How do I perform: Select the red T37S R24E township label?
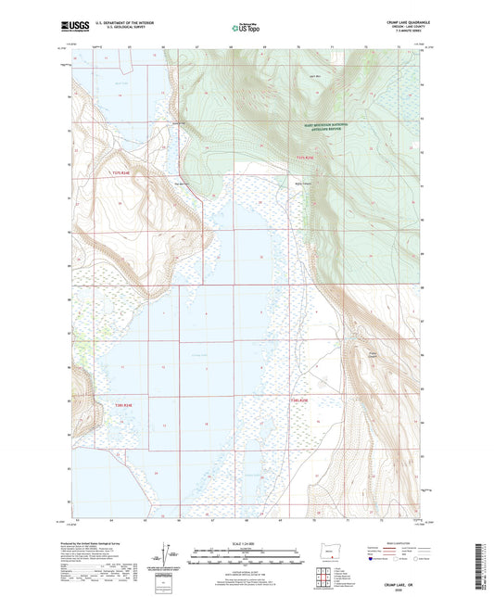tap(125, 173)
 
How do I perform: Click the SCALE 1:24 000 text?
tap(247, 542)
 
